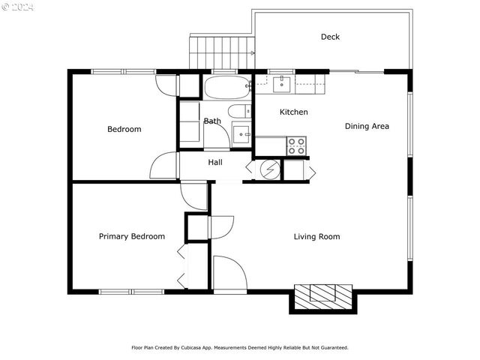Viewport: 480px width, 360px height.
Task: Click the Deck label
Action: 330,37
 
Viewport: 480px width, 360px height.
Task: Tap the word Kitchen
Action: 293,112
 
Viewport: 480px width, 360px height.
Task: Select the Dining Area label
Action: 367,126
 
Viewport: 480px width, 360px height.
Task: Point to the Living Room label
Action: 316,237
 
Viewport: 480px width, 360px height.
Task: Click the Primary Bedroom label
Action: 132,237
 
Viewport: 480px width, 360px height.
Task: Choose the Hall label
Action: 215,163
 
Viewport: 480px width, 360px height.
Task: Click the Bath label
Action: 212,121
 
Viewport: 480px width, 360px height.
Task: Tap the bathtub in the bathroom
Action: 226,88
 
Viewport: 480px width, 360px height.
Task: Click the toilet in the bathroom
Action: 239,112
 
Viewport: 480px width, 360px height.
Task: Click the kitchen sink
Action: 283,82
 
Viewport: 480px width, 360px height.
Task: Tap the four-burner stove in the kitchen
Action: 297,145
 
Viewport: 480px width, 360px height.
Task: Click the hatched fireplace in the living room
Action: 322,296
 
